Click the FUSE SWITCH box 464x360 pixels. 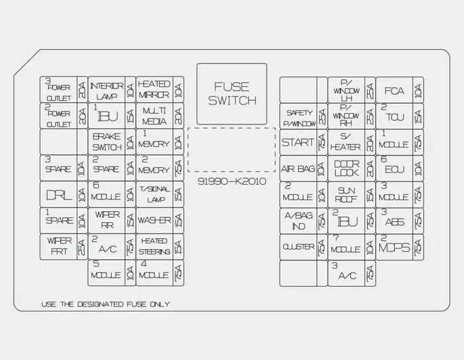pos(232,94)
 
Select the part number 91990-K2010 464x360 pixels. pos(232,181)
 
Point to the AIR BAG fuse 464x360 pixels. pos(298,168)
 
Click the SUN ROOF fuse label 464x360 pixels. pos(346,195)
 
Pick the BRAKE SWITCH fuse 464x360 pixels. pos(106,142)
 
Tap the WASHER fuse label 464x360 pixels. pos(154,221)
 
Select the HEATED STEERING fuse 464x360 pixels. pos(154,247)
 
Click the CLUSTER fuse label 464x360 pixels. pos(298,247)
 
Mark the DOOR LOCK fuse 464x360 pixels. pos(346,168)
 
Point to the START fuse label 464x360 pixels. pos(298,142)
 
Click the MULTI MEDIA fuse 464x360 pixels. pos(154,116)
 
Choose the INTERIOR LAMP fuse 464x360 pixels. pos(106,90)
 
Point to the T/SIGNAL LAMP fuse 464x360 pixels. pos(154,195)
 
